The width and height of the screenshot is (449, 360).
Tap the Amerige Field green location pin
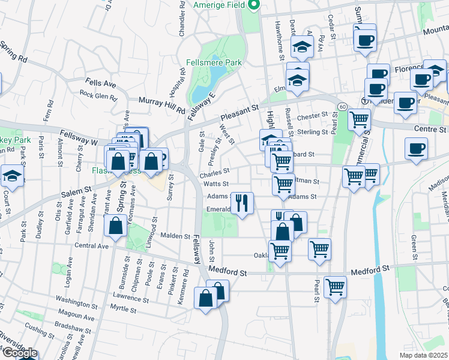click(x=253, y=5)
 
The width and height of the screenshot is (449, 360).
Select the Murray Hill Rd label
click(x=162, y=106)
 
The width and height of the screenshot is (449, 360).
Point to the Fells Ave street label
click(x=100, y=83)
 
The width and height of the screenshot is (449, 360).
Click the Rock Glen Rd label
click(x=100, y=94)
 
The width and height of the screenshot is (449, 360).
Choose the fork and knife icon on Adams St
click(x=243, y=202)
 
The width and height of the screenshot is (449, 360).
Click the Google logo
click(x=19, y=353)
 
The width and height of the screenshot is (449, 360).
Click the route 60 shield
click(x=342, y=106)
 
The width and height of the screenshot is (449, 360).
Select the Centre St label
click(x=430, y=129)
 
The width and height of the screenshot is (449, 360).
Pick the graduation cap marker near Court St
click(x=11, y=176)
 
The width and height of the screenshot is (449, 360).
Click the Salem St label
click(x=78, y=193)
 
